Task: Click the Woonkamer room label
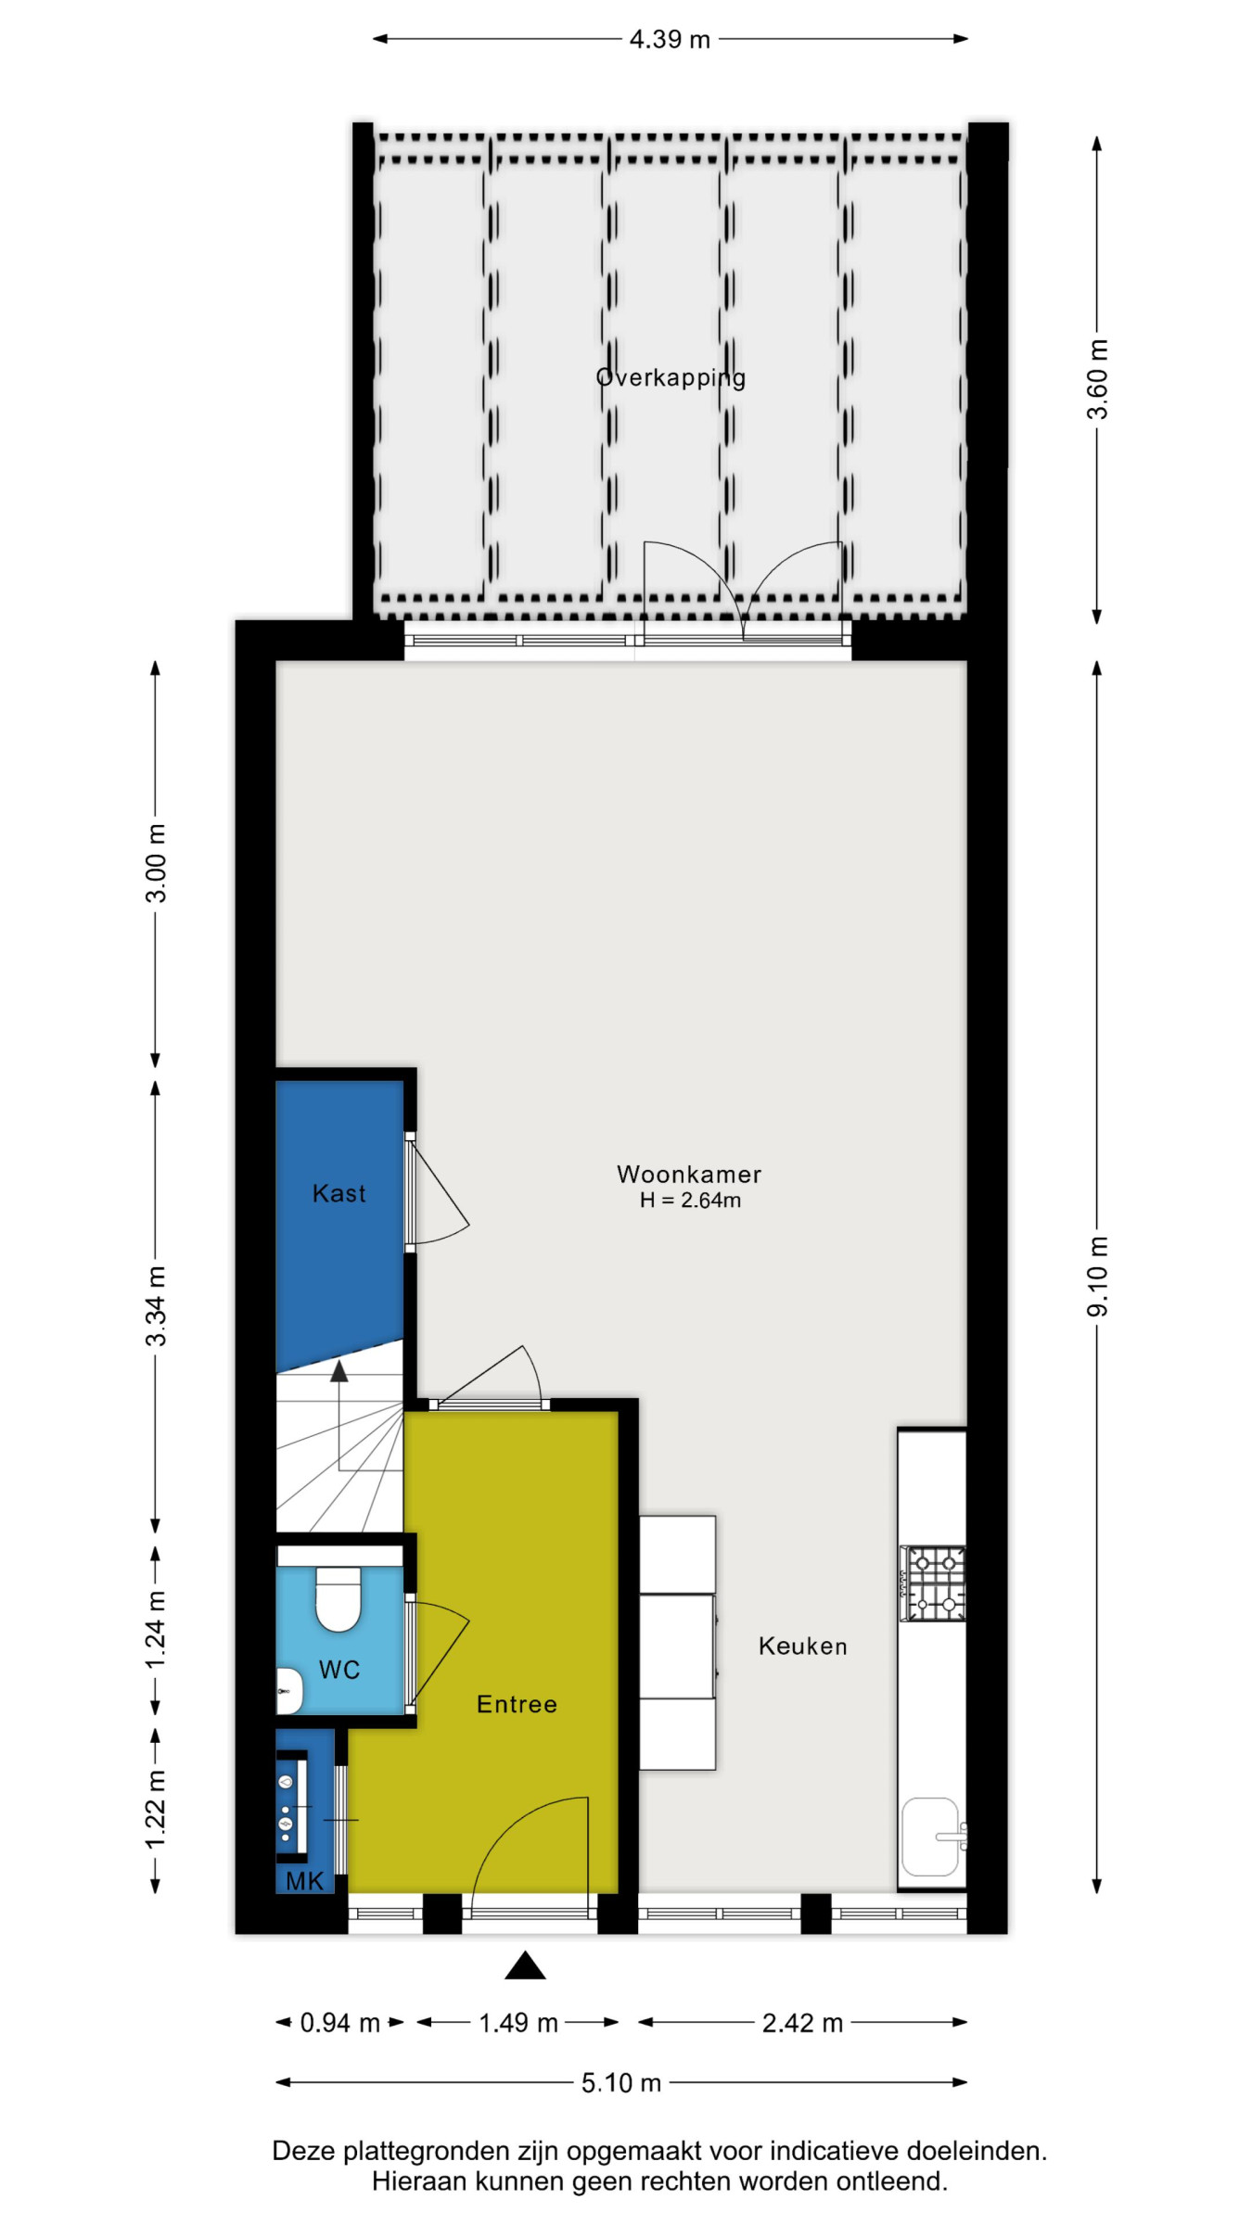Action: click(x=688, y=1175)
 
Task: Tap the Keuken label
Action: click(x=802, y=1646)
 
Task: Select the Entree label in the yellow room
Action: click(x=517, y=1704)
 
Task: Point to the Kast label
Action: click(x=339, y=1193)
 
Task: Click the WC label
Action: click(x=339, y=1670)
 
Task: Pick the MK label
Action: click(x=304, y=1881)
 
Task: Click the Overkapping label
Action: click(x=671, y=378)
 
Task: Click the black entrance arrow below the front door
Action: click(x=525, y=1964)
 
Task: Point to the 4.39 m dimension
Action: click(x=670, y=39)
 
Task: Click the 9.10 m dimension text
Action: click(x=1097, y=1276)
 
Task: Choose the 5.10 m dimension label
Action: click(x=621, y=2083)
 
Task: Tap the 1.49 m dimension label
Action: click(x=518, y=2023)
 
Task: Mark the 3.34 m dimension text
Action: click(x=156, y=1305)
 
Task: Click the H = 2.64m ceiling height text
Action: click(x=690, y=1201)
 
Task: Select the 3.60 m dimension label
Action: click(x=1097, y=379)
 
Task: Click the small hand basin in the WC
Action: click(x=289, y=1690)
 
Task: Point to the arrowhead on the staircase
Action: click(x=339, y=1370)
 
